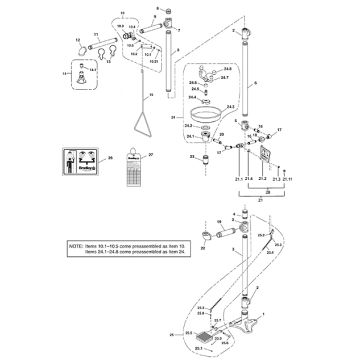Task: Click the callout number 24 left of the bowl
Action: click(173, 118)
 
